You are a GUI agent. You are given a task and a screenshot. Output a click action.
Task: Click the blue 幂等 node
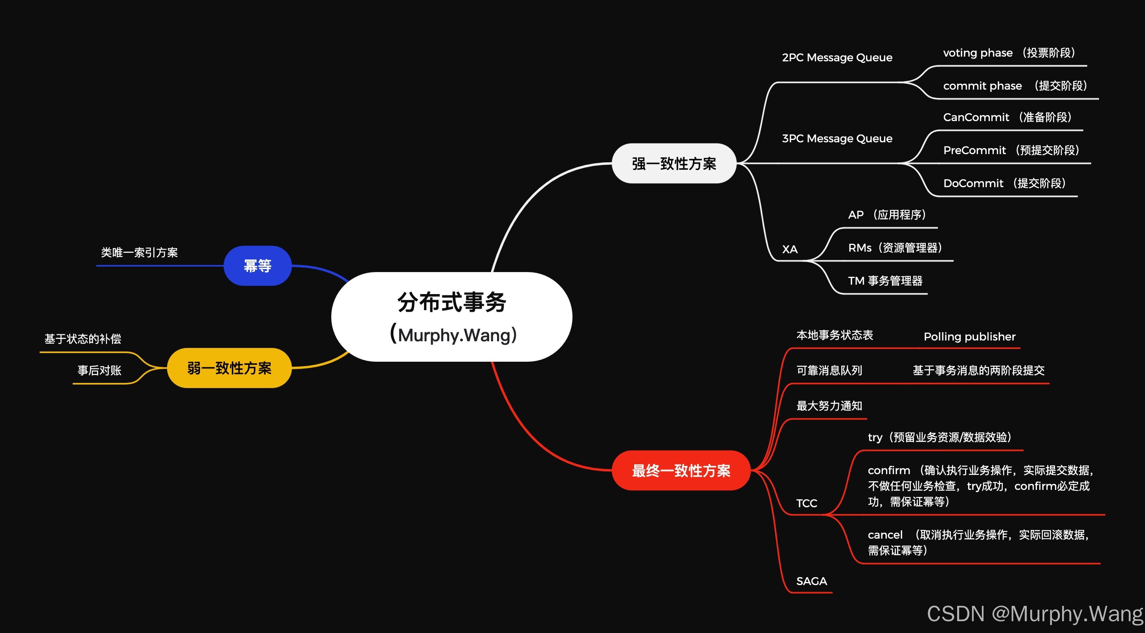pos(257,265)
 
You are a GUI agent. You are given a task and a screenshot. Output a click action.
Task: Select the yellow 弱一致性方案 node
pos(229,368)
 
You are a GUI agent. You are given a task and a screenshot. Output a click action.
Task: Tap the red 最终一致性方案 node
pos(681,470)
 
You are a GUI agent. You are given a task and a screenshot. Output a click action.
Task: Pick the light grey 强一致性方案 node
pos(674,163)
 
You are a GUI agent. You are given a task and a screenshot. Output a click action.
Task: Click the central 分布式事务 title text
pos(451,302)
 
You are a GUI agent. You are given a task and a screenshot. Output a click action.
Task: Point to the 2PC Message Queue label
pos(837,57)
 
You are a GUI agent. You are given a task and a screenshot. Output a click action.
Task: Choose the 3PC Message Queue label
pos(837,138)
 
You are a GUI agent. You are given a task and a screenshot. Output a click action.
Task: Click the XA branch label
pos(790,249)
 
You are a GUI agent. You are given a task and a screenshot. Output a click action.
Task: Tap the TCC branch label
pos(806,503)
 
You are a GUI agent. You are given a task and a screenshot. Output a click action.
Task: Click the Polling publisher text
pos(969,336)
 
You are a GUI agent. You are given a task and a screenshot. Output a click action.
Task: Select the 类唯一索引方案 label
pos(139,252)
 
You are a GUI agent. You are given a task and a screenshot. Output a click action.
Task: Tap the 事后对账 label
pos(99,370)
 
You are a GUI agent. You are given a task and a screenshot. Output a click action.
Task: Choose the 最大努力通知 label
pos(829,406)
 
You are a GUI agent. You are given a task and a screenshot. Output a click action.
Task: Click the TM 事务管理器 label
pos(885,281)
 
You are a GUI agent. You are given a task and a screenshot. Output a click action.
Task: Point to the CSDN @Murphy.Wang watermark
pos(1035,613)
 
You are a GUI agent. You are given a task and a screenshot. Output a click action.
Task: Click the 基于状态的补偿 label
pos(83,339)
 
